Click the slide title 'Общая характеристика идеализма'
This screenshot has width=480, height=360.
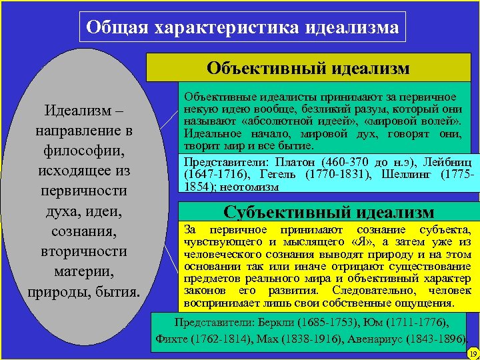click(243, 27)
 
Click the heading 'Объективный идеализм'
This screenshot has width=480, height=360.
click(308, 68)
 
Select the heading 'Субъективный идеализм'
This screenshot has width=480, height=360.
click(329, 213)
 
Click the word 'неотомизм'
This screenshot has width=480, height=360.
click(252, 187)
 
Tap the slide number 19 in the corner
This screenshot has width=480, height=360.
click(473, 353)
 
